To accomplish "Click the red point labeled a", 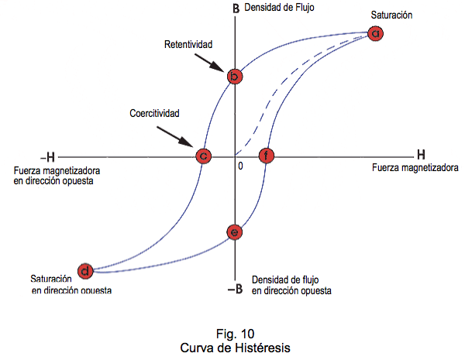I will click(376, 33).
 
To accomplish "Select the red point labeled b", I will click(235, 76).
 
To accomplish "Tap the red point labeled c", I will click(202, 156).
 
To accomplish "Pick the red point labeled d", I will click(87, 270).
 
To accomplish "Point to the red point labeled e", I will click(235, 231).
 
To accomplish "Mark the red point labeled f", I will click(267, 156).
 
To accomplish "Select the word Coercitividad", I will click(155, 113).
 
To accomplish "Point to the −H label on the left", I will click(45, 155).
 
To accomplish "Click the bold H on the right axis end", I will click(420, 153).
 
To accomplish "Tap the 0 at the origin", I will click(240, 166).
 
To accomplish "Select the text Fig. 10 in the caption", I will click(232, 334).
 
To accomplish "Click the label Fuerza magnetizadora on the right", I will click(415, 166).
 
